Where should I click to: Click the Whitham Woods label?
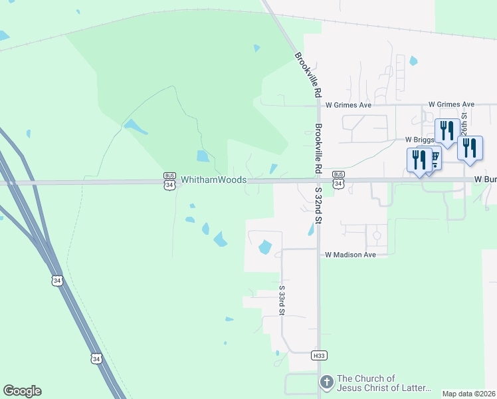pyautogui.click(x=214, y=180)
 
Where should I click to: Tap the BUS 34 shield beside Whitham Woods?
pyautogui.click(x=170, y=181)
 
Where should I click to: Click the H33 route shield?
pyautogui.click(x=319, y=356)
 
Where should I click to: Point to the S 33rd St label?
pyautogui.click(x=282, y=301)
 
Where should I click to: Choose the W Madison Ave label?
pyautogui.click(x=350, y=255)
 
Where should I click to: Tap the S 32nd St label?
pyautogui.click(x=318, y=205)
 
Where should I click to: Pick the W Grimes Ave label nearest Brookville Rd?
pyautogui.click(x=348, y=104)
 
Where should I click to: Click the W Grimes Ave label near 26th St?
pyautogui.click(x=451, y=104)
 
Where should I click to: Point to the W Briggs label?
pyautogui.click(x=419, y=140)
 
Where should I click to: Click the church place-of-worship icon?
pyautogui.click(x=326, y=382)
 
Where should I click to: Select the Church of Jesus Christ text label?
pyautogui.click(x=385, y=383)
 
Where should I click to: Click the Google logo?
pyautogui.click(x=22, y=391)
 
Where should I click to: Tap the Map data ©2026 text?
pyautogui.click(x=468, y=394)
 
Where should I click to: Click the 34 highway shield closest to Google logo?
pyautogui.click(x=97, y=358)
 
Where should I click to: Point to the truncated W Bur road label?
pyautogui.click(x=485, y=180)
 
